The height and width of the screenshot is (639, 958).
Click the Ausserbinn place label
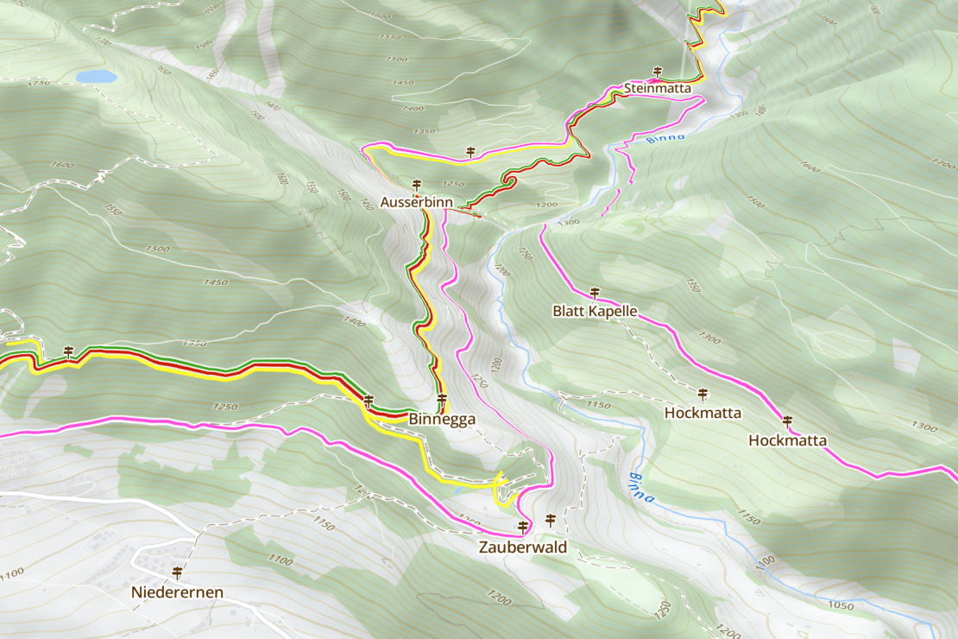417,203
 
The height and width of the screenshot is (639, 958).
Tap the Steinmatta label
657,88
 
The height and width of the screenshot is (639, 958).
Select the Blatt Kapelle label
595,311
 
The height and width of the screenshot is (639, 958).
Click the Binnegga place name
442,419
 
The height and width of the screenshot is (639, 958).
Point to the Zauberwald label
523,547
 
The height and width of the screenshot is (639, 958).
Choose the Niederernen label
178,592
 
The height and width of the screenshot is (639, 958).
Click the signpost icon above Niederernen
178,572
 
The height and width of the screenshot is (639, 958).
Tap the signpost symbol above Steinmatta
658,71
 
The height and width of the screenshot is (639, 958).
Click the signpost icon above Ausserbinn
417,185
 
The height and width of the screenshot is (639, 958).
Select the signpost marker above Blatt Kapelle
594,292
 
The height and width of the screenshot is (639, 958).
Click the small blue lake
96,77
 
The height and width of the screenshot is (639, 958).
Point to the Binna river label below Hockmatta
641,487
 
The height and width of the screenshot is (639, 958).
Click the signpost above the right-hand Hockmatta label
787,421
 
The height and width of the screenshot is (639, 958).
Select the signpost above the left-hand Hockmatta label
703,394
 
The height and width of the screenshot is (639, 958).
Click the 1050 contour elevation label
840,605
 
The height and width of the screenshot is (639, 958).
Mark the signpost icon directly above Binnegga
442,399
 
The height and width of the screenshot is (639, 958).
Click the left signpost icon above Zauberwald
522,526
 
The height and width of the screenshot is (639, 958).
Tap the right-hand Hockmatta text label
787,440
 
